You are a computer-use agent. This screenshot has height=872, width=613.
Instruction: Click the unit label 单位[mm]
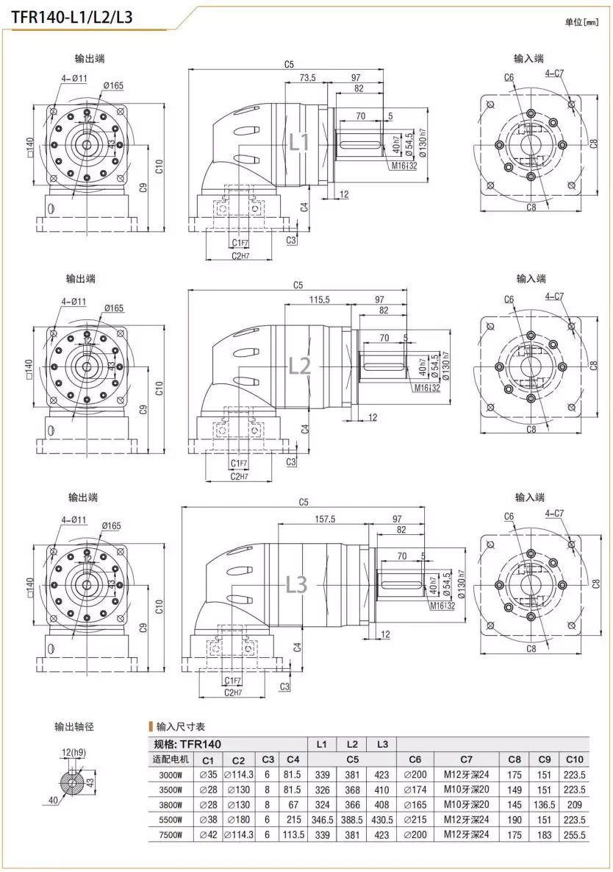(x=583, y=22)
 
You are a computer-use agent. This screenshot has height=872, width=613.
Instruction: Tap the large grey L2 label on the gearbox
(x=299, y=366)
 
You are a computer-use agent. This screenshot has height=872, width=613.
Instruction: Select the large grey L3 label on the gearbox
(x=296, y=584)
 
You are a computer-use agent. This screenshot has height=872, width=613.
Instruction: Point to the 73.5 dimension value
(x=306, y=78)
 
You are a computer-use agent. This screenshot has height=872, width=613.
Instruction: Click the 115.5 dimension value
(x=319, y=299)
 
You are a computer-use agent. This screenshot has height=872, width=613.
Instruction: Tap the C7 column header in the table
(x=466, y=759)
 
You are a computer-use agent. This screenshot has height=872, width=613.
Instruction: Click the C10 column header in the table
(x=573, y=759)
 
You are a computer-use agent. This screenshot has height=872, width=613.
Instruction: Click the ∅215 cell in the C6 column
(x=415, y=820)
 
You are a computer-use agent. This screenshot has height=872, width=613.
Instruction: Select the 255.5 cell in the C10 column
(x=573, y=834)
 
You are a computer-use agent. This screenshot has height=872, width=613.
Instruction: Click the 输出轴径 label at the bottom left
(x=74, y=727)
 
